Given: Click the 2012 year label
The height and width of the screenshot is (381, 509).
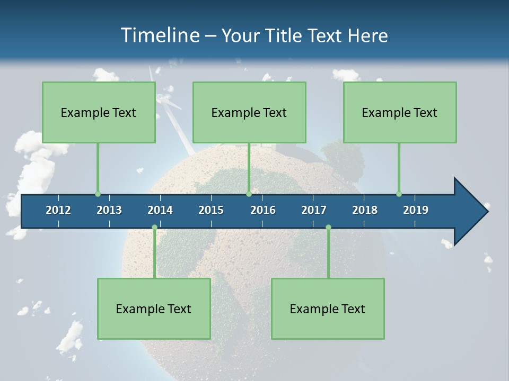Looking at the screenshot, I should [58, 210].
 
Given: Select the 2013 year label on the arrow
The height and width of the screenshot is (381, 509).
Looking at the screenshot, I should [109, 210].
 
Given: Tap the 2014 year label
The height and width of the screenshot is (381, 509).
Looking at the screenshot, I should [160, 210].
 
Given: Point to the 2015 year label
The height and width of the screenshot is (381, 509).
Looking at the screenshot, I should [211, 210].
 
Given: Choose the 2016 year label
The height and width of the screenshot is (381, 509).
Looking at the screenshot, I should [263, 210].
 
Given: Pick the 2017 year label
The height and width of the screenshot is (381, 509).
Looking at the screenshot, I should [314, 210].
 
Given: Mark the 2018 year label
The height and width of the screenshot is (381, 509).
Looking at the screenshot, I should [365, 210].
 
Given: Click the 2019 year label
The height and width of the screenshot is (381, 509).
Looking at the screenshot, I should [416, 210].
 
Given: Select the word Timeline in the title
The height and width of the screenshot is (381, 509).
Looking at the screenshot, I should [159, 35].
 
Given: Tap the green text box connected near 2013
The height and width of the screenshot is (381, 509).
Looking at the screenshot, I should [99, 112].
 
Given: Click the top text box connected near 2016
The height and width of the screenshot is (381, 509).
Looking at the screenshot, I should [249, 112].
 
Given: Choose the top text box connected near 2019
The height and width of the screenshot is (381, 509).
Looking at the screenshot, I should [400, 112].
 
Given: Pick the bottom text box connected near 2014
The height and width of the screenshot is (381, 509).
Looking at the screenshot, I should [154, 309].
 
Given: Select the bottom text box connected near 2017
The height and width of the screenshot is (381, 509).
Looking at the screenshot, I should [328, 309].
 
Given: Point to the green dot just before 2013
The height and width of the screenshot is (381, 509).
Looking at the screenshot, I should [98, 194].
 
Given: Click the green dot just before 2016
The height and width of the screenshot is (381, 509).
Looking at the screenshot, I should [249, 194].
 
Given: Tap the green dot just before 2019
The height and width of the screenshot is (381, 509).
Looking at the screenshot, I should [399, 194].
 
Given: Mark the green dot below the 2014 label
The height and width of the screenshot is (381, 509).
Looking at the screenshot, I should [154, 228].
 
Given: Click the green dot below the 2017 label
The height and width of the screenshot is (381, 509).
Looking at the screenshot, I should [328, 228].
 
